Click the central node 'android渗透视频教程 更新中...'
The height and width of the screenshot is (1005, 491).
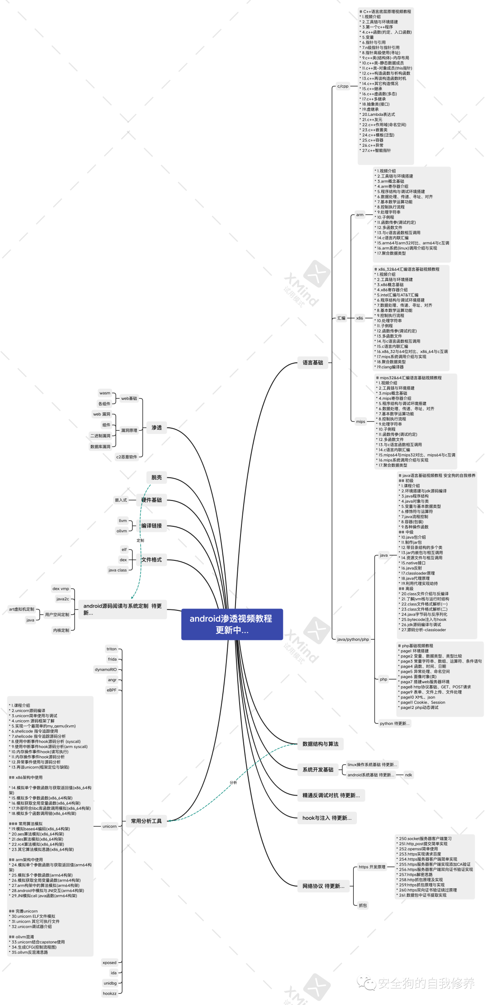coord(232,624)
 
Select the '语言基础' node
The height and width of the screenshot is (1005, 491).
coord(313,362)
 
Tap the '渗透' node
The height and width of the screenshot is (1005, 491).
coord(156,427)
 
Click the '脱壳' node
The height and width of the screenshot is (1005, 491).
coord(156,477)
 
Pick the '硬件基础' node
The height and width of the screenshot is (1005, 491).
coord(151,500)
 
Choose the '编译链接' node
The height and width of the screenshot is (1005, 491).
coord(151,525)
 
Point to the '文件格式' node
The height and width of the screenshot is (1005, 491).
coord(151,559)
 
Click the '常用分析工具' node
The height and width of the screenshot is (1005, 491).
coord(146,821)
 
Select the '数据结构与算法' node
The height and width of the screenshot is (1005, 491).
coord(321,744)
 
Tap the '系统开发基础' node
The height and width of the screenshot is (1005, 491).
coord(318,769)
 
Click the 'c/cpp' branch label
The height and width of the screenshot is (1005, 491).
coord(343,86)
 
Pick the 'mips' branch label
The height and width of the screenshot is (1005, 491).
coord(361,421)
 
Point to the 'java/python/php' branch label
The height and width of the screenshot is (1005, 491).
coord(353,639)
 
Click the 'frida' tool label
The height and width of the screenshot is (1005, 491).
coord(112,659)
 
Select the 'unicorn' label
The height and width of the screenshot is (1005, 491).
coord(110,826)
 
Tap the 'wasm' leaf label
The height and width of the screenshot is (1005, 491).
coord(105,393)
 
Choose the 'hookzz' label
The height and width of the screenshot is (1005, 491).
coord(110,993)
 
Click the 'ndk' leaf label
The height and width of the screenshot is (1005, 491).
coord(409,775)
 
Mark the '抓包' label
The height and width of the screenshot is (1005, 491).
coord(363,905)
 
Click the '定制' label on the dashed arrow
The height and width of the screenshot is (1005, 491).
coord(140,540)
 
